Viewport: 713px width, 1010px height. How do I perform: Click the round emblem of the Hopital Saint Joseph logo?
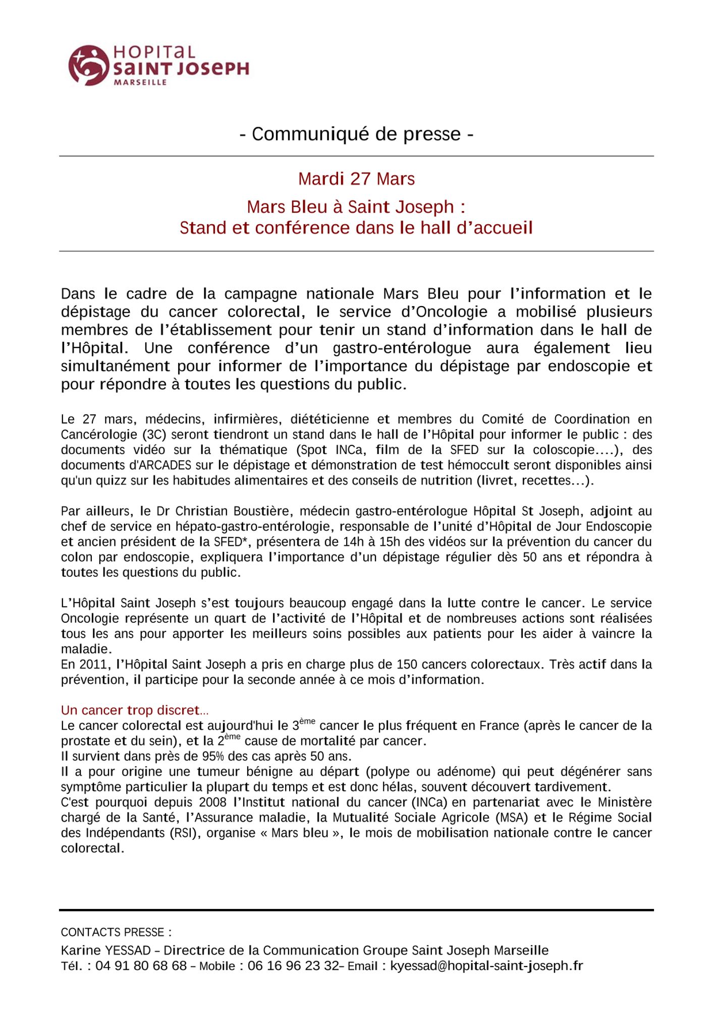click(x=88, y=65)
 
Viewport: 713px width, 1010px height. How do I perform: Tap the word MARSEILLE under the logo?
click(x=141, y=82)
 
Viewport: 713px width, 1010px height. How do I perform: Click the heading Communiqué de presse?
click(x=356, y=134)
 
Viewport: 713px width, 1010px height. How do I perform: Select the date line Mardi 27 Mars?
click(x=356, y=179)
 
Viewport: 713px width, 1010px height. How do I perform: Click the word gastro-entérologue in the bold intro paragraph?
click(x=402, y=348)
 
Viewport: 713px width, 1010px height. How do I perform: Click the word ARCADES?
click(x=154, y=465)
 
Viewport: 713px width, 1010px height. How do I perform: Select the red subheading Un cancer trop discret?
click(x=134, y=711)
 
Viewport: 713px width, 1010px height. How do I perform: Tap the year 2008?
click(x=213, y=802)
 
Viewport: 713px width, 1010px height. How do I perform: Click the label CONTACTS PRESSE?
click(x=116, y=932)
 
